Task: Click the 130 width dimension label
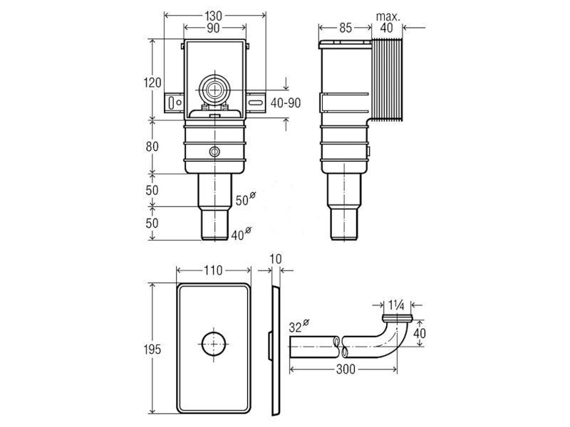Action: pyautogui.click(x=213, y=16)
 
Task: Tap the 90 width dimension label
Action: pyautogui.click(x=213, y=28)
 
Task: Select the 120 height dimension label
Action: pyautogui.click(x=152, y=83)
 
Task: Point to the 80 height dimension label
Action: pyautogui.click(x=152, y=147)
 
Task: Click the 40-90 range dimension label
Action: pyautogui.click(x=286, y=103)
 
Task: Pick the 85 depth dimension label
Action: pyautogui.click(x=346, y=28)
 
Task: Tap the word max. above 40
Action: pyautogui.click(x=388, y=16)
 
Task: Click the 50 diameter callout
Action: pyautogui.click(x=245, y=199)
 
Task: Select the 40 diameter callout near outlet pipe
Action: pyautogui.click(x=242, y=233)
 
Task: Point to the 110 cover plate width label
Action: pyautogui.click(x=213, y=270)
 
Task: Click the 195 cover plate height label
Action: pyautogui.click(x=152, y=349)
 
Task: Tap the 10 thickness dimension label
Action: pyautogui.click(x=276, y=259)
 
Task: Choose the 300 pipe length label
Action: pyautogui.click(x=346, y=369)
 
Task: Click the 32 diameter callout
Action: pyautogui.click(x=299, y=326)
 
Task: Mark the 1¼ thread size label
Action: pyautogui.click(x=397, y=305)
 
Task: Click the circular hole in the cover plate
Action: pyautogui.click(x=214, y=344)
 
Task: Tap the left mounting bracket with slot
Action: pyautogui.click(x=174, y=102)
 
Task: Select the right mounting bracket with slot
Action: pyautogui.click(x=256, y=102)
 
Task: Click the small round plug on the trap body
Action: pyautogui.click(x=214, y=152)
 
